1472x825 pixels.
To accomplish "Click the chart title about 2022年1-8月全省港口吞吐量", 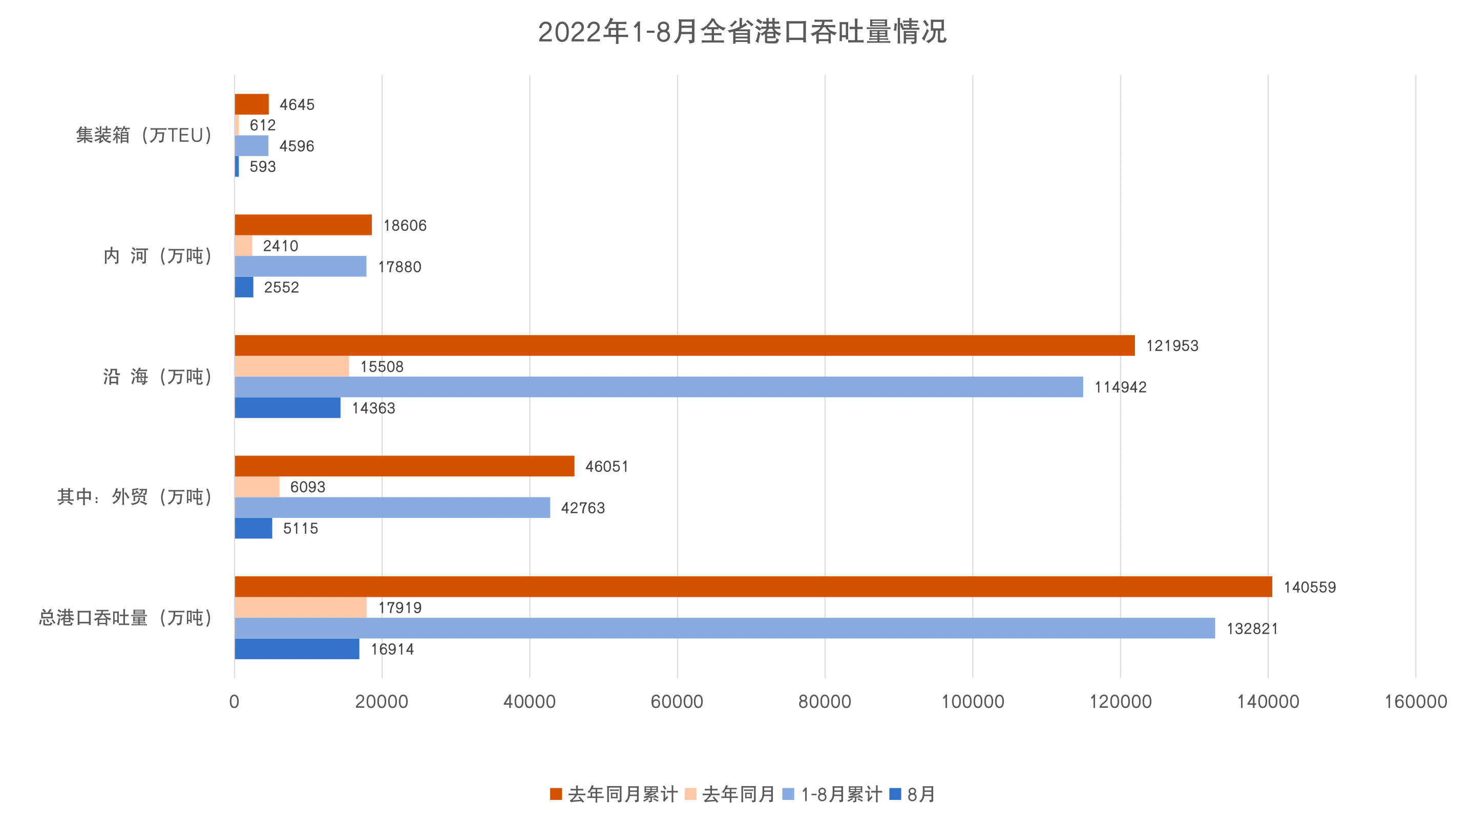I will (x=742, y=32).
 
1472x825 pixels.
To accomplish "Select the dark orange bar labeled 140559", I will (x=753, y=587).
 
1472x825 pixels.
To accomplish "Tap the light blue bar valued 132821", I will (x=725, y=628).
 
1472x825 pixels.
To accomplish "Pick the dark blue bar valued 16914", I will (x=297, y=648).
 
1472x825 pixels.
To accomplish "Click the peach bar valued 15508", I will (x=291, y=366).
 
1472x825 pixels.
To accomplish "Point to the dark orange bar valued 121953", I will (x=685, y=345).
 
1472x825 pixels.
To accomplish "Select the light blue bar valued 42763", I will (x=392, y=508).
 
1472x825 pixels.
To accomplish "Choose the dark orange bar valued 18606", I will (x=303, y=225).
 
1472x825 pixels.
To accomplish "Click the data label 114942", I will (x=1120, y=387).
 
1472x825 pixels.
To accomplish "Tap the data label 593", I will (x=262, y=167).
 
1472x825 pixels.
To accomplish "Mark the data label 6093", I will (x=307, y=487).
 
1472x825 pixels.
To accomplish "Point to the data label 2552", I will (x=281, y=287).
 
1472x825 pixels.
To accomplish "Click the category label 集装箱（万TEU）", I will (x=144, y=135).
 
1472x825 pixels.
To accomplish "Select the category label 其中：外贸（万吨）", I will (x=135, y=497).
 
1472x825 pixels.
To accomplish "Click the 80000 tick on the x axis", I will (x=825, y=701).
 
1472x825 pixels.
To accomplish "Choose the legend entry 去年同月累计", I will (x=614, y=794).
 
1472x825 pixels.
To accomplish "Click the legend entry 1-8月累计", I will (x=832, y=794).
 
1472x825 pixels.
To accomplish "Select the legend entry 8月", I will (x=913, y=794).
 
